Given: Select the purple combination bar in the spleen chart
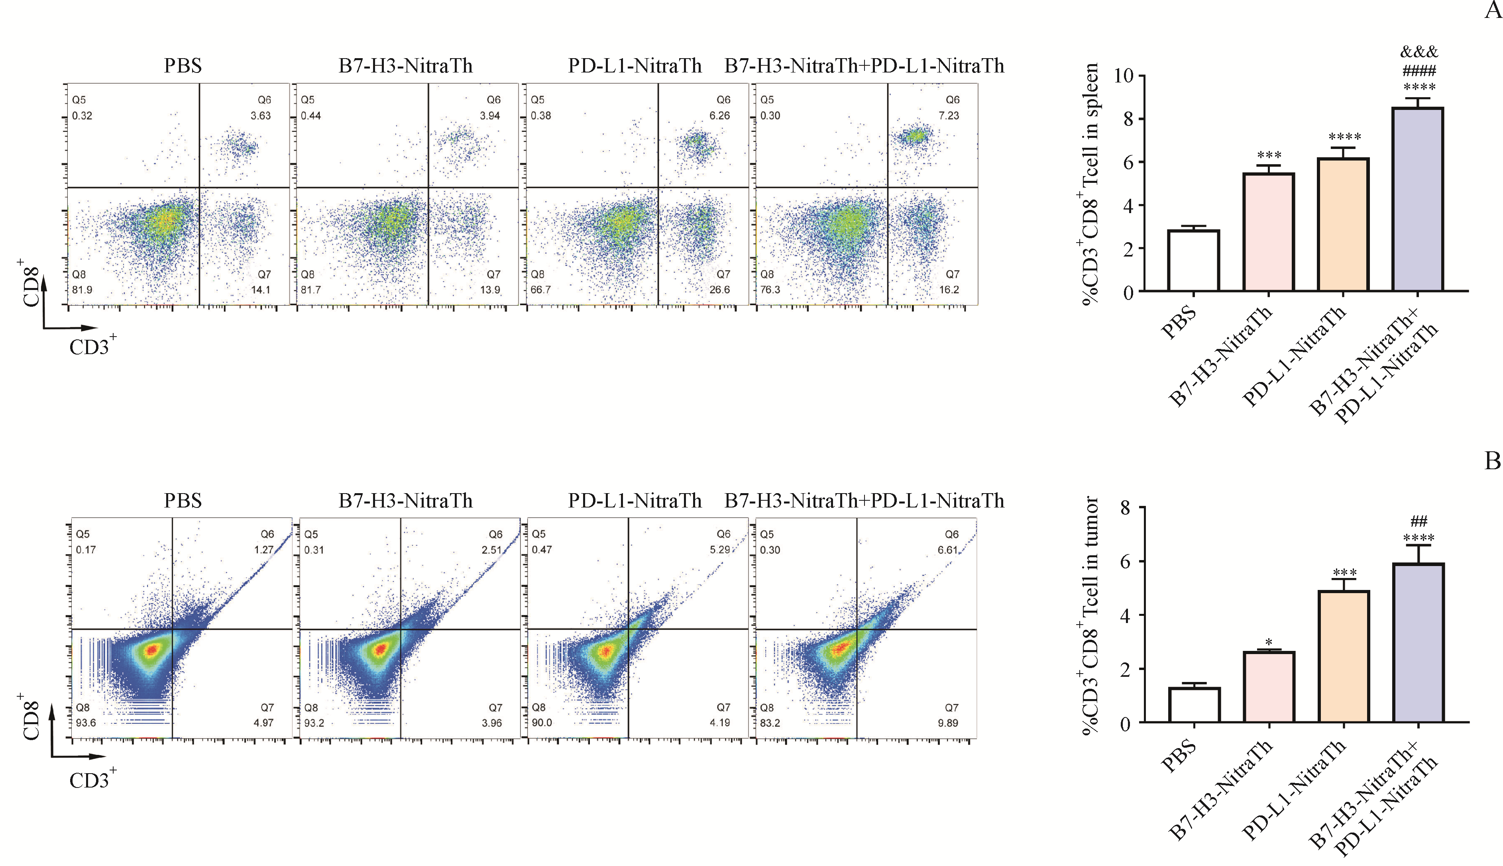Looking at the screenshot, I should pyautogui.click(x=1418, y=199).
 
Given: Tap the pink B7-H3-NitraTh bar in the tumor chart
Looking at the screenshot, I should pyautogui.click(x=1269, y=687).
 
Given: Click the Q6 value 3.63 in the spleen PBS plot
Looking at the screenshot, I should pyautogui.click(x=261, y=116).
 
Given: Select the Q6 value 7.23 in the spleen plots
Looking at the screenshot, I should pyautogui.click(x=949, y=116).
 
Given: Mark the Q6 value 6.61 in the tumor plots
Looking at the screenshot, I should pyautogui.click(x=947, y=550).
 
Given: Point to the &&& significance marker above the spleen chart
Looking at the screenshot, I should pyautogui.click(x=1419, y=52).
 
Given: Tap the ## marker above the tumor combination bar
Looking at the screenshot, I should pyautogui.click(x=1419, y=521).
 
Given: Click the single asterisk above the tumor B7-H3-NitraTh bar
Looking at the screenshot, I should pyautogui.click(x=1269, y=643).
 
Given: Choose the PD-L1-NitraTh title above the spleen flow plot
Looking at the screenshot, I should pyautogui.click(x=635, y=65).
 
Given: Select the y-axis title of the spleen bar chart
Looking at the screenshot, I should pyautogui.click(x=1090, y=184).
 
